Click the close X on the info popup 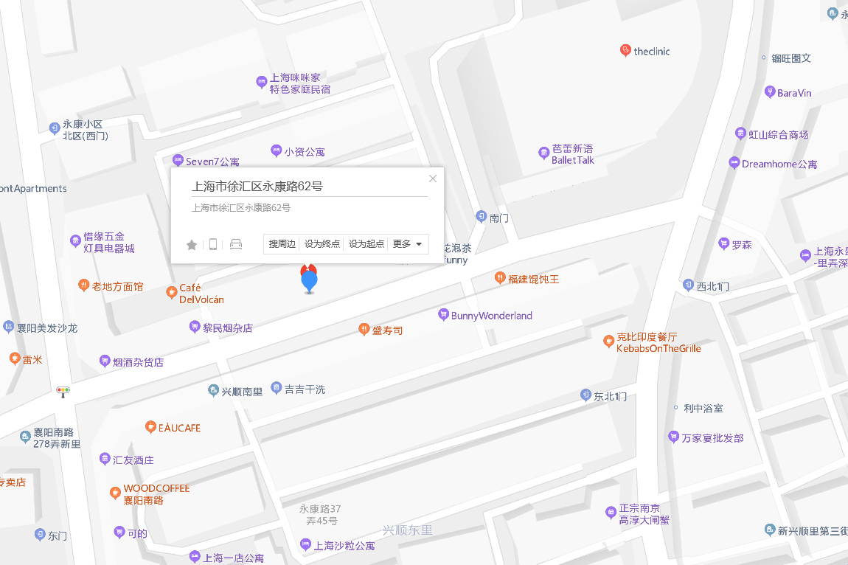433,178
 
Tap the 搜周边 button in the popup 282,244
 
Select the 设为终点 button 322,244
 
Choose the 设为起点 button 366,244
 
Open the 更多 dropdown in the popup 408,244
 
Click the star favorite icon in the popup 192,245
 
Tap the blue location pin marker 309,281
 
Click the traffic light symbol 64,391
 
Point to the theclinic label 651,52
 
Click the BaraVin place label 794,93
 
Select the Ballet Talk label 572,154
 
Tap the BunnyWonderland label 491,316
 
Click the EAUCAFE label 179,428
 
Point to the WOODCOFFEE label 156,488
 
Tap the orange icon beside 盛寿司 364,330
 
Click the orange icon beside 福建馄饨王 499,279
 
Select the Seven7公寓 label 212,162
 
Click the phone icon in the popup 213,245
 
